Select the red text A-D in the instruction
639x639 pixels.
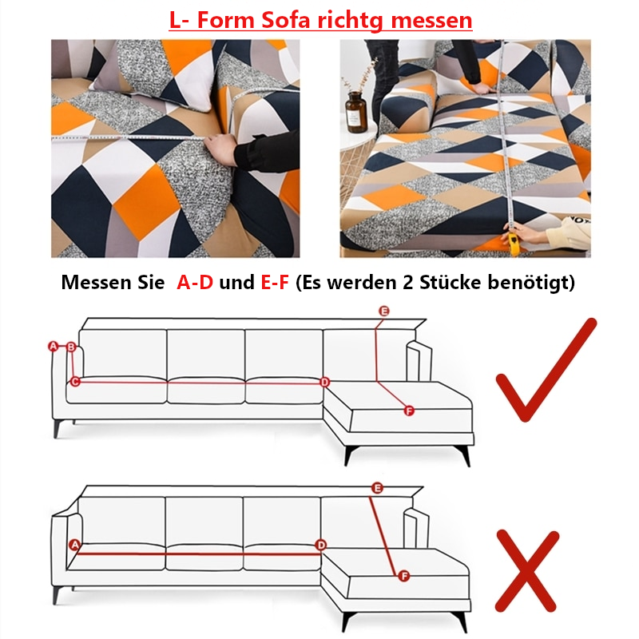pos(195,282)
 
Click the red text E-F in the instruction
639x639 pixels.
pos(275,282)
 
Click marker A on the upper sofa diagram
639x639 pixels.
pos(54,347)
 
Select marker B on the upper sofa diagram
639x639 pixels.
pos(71,347)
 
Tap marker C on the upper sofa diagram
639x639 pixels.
pos(75,382)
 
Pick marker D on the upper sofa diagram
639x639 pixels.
pos(324,383)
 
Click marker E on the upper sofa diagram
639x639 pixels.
pos(384,311)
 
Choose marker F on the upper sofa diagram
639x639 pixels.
pos(409,411)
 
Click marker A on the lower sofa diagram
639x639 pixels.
pos(74,545)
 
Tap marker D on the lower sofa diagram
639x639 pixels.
pos(321,546)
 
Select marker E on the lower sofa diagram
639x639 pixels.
pos(377,488)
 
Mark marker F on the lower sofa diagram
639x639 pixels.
pos(404,576)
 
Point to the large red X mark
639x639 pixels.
pos(526,570)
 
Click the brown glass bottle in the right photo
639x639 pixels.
pos(355,112)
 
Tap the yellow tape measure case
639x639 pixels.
pos(514,244)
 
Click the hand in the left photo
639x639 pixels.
pos(220,149)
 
